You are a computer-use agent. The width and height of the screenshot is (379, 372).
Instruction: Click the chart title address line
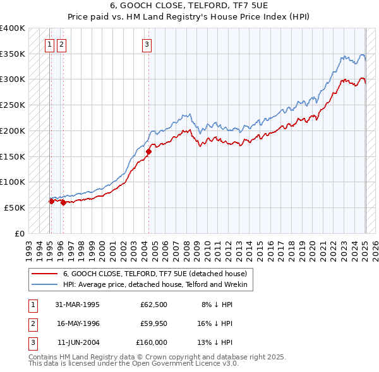[189, 6]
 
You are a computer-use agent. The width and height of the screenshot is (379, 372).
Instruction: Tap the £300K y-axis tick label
[13, 79]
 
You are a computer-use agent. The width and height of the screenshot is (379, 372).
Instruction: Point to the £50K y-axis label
[15, 207]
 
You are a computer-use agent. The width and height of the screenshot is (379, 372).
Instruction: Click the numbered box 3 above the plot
[147, 44]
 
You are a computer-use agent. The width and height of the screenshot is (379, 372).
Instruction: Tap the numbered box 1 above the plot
[50, 44]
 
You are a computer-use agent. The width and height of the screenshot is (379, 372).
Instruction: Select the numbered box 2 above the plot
[61, 44]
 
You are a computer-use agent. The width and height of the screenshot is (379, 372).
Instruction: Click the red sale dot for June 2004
[149, 151]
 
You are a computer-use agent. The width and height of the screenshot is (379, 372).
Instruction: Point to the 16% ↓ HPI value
[216, 323]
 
